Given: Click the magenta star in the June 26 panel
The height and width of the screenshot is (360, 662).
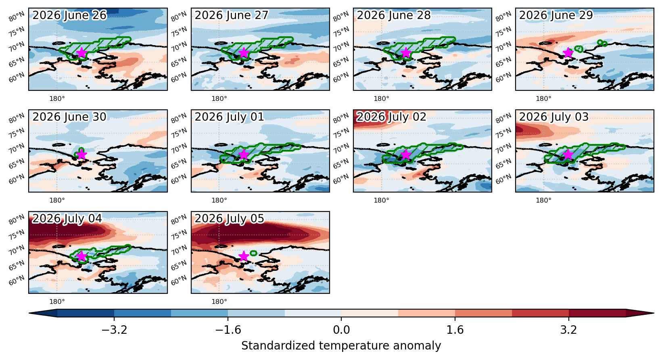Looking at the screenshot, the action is point(81,53).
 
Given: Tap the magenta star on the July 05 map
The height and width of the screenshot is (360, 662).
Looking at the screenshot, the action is point(244,256).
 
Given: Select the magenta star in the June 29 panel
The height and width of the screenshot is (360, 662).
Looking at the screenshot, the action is point(568,53).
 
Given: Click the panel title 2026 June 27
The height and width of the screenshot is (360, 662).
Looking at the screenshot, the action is point(232,15).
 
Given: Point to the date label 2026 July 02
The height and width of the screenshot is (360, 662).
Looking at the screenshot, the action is point(391,117).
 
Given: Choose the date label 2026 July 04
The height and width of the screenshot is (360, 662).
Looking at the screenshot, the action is point(67,218).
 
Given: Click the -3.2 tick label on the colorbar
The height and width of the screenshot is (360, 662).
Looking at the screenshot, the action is point(114,330).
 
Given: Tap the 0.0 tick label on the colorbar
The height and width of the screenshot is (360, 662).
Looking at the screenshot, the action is point(341,330).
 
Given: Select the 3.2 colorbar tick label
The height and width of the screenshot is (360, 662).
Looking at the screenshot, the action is point(569,330).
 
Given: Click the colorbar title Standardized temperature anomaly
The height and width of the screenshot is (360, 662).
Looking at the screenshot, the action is point(341,345).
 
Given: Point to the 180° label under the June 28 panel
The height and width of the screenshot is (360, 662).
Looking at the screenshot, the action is point(381,99).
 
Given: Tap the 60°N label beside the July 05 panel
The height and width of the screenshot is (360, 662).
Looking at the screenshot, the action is point(179,280).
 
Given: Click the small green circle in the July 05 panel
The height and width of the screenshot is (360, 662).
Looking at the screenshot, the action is point(253,253).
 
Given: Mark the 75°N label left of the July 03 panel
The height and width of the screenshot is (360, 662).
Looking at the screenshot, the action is point(503,133).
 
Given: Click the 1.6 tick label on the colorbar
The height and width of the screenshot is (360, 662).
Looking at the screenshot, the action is point(455,330).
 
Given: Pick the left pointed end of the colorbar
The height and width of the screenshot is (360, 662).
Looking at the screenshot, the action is point(29,313).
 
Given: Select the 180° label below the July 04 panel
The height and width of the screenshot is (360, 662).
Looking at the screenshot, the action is point(57,302).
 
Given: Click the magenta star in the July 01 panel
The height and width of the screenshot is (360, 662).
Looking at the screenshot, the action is point(244,154).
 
